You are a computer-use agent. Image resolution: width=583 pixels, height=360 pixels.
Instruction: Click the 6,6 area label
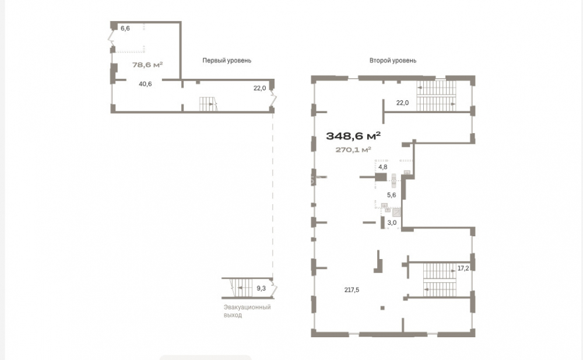click(125, 28)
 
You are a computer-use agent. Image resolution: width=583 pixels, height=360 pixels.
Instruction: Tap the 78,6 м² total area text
click(147, 64)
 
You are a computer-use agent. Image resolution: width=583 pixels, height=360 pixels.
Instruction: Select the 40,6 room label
click(145, 84)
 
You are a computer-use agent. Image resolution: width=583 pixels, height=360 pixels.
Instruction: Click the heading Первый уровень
click(227, 60)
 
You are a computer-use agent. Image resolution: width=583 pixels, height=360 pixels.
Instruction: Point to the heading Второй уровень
click(393, 60)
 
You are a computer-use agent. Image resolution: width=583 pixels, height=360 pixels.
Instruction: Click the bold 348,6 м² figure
click(353, 136)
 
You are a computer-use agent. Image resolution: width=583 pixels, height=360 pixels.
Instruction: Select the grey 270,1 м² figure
click(353, 149)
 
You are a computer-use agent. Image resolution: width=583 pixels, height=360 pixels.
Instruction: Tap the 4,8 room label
click(383, 167)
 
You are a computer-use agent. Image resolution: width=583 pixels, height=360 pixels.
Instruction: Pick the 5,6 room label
click(392, 195)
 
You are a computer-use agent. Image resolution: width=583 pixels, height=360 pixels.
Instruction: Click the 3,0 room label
click(392, 223)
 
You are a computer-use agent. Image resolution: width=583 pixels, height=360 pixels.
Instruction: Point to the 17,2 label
click(463, 268)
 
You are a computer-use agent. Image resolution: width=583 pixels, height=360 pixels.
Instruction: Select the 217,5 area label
click(352, 290)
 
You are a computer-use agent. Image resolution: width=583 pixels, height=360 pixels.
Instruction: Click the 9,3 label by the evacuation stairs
click(261, 288)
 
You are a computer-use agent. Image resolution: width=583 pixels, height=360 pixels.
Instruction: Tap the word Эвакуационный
click(247, 307)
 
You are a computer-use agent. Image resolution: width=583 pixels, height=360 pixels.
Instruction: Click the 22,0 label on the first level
click(260, 88)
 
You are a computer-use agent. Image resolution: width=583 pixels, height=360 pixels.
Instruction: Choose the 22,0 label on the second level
click(402, 103)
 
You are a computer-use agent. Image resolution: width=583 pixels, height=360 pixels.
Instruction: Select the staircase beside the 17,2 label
click(440, 279)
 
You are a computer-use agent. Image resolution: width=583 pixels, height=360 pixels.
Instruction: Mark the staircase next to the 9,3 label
click(241, 288)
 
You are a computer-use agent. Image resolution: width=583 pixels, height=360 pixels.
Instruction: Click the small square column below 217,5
click(382, 308)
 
